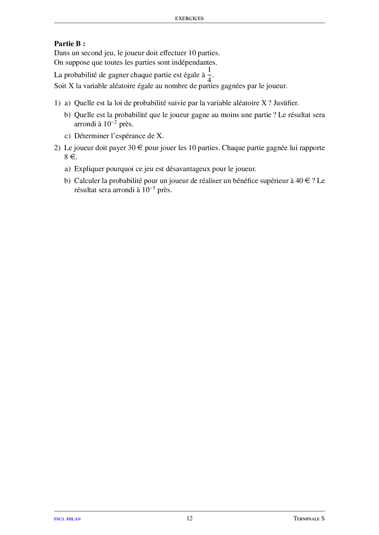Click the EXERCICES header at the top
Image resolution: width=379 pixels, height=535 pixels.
coord(189,19)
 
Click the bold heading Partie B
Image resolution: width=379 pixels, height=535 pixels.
coord(69,44)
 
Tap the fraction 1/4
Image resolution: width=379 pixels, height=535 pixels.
coord(209,75)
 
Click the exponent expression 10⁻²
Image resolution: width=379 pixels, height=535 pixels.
coord(110,124)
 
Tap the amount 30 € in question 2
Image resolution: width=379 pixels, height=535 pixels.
coord(135,148)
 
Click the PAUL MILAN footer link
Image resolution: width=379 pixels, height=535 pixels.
coord(67,519)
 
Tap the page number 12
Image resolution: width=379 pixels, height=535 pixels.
coord(189,519)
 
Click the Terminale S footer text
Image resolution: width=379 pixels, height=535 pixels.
coord(309,519)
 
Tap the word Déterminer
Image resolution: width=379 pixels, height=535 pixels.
coord(91,136)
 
